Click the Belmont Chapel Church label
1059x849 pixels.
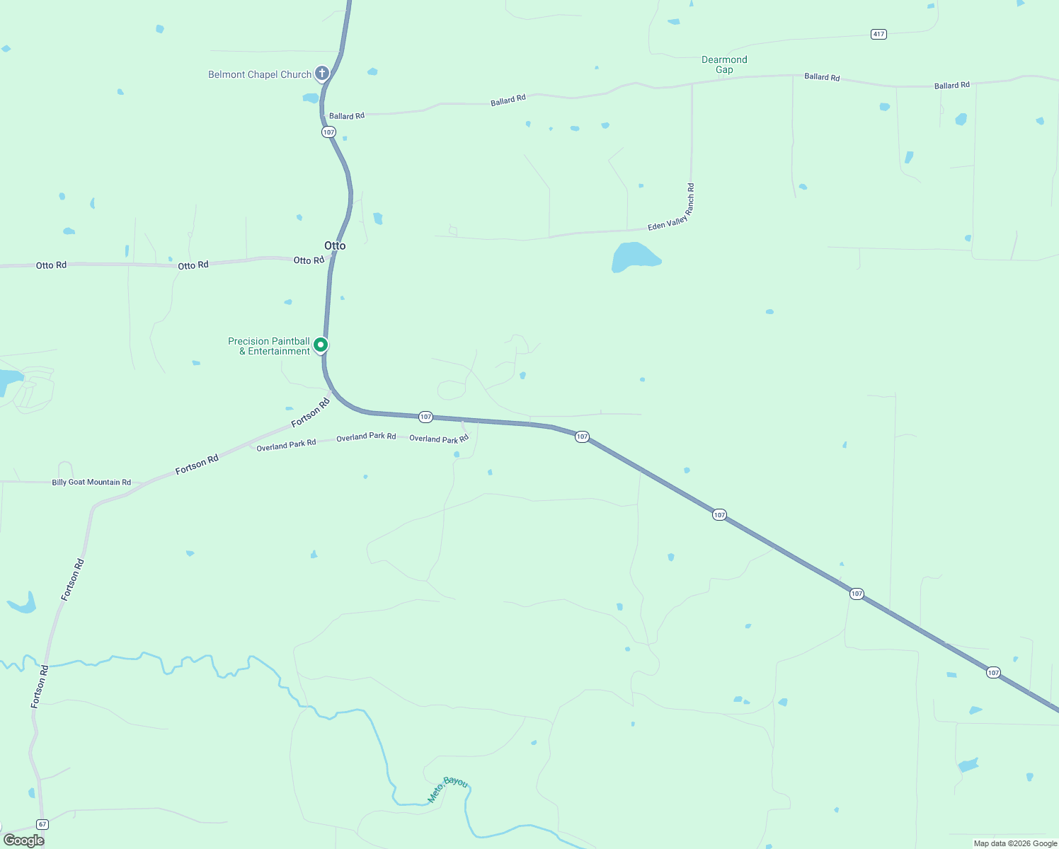(x=260, y=74)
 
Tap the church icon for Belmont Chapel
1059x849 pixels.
(x=322, y=73)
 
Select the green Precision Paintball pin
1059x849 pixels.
(x=321, y=345)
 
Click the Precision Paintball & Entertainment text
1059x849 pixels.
(x=269, y=346)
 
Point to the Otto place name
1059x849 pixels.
(x=335, y=246)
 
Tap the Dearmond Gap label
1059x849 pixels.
(x=724, y=64)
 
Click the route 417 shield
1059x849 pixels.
(x=878, y=34)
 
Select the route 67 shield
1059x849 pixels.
(x=42, y=824)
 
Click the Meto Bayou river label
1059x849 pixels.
(x=447, y=790)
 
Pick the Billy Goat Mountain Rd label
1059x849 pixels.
(x=91, y=483)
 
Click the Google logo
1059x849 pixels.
(x=24, y=841)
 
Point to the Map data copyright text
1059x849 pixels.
(x=1015, y=843)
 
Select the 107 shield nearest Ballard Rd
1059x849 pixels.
(x=328, y=132)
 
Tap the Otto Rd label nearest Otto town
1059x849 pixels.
(x=309, y=260)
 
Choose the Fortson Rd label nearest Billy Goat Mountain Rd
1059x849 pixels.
(x=197, y=465)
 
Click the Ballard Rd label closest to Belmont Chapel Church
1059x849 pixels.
(x=347, y=116)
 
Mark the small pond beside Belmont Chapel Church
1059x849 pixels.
(x=311, y=98)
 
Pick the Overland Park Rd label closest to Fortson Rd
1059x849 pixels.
(x=286, y=445)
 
